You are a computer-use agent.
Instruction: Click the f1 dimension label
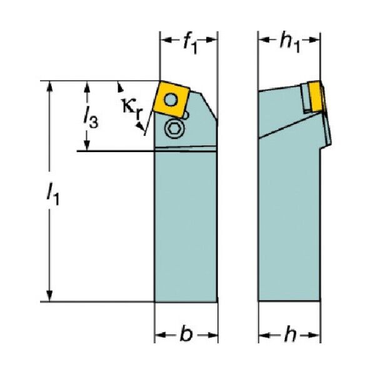tap(190, 44)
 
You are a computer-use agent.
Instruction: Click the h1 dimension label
tap(290, 44)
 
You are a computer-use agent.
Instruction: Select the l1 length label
tap(53, 193)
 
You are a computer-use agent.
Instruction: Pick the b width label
tap(186, 335)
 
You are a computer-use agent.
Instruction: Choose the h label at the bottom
tap(290, 334)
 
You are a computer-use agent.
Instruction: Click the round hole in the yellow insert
tap(171, 99)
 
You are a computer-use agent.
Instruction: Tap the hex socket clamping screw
tap(173, 129)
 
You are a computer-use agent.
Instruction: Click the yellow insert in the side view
tap(315, 96)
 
